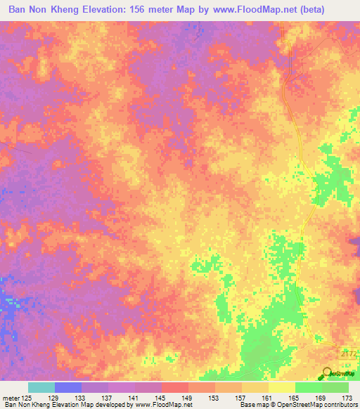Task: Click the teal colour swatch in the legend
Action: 41,387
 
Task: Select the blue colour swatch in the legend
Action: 68,387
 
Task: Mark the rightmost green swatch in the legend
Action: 335,387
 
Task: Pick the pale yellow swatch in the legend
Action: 282,387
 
